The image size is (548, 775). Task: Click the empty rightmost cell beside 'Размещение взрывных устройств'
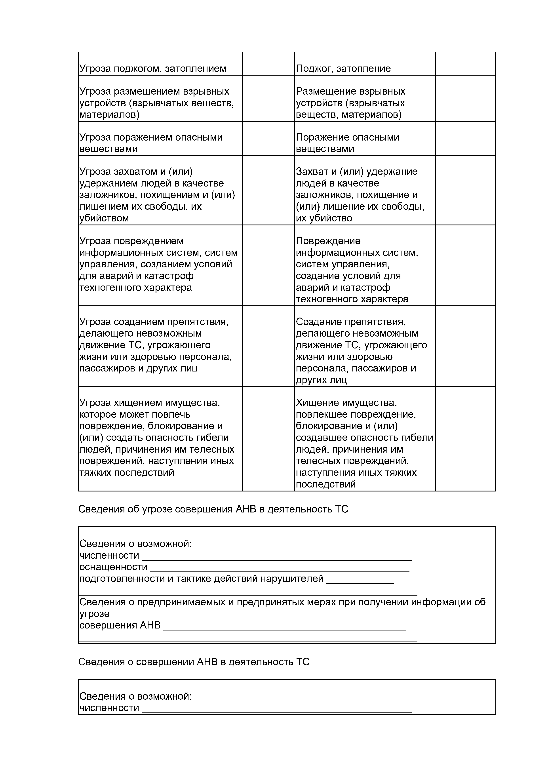click(465, 98)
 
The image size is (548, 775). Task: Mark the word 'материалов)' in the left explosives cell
click(109, 114)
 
